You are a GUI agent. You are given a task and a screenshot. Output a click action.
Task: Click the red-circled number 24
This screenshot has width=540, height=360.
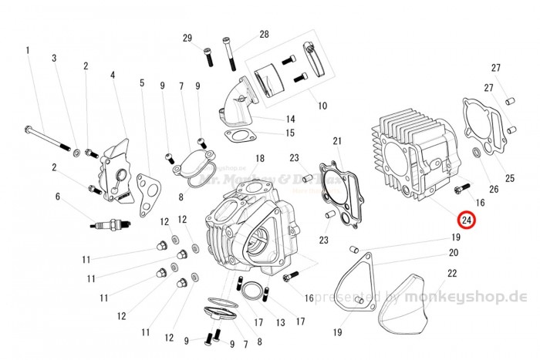tap(467, 220)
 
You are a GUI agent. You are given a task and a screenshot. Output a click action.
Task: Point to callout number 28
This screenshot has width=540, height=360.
tap(264, 35)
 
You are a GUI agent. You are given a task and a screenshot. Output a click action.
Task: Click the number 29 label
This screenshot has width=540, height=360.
tap(187, 39)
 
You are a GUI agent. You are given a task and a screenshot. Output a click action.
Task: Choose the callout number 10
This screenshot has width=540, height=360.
tap(322, 105)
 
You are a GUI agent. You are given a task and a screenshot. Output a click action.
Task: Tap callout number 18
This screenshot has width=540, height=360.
tap(260, 159)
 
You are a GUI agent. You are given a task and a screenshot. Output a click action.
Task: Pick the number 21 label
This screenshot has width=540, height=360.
tap(337, 141)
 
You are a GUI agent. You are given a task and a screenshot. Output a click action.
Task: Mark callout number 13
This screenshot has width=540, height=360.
tap(280, 321)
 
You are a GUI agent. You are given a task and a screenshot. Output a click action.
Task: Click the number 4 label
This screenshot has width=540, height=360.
tap(113, 76)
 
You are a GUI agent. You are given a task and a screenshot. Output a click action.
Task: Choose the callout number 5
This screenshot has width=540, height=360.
tap(141, 82)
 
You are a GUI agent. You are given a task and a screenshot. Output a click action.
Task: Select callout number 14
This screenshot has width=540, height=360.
tap(291, 119)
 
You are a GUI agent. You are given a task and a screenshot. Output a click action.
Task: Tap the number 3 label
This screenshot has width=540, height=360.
tap(55, 59)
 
